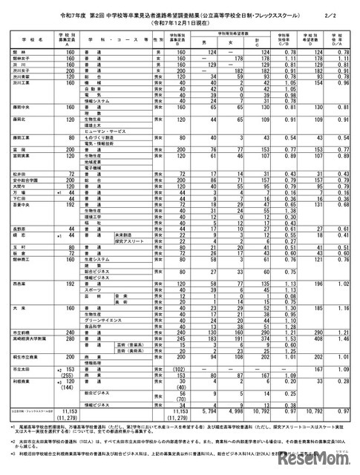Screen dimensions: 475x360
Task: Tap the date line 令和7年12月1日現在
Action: coord(180,22)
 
